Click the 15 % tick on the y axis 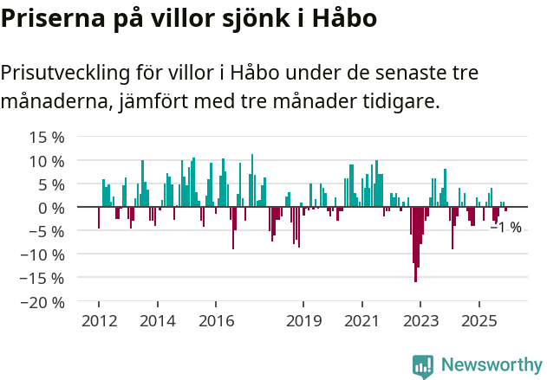click(47, 138)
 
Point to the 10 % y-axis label click(47, 161)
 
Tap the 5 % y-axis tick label click(51, 184)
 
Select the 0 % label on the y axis click(51, 208)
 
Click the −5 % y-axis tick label click(47, 231)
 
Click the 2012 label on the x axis click(98, 321)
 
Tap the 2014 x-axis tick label click(157, 321)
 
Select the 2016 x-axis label click(216, 321)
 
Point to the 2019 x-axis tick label click(303, 321)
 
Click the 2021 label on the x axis click(361, 321)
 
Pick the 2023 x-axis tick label click(420, 321)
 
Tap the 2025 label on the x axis click(479, 321)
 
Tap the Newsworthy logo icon click(423, 365)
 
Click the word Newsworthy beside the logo click(491, 365)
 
